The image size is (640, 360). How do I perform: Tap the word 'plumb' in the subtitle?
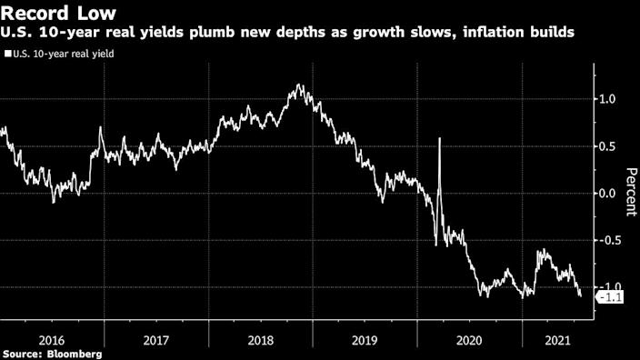click(200, 33)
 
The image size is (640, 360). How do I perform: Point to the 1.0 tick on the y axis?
click(605, 98)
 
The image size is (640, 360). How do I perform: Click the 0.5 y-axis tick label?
click(605, 145)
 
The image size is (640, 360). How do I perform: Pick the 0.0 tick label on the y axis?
click(605, 193)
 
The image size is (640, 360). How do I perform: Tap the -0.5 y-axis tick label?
click(604, 240)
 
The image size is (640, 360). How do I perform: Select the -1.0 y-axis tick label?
click(604, 287)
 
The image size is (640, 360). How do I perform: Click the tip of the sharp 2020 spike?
click(440, 139)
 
